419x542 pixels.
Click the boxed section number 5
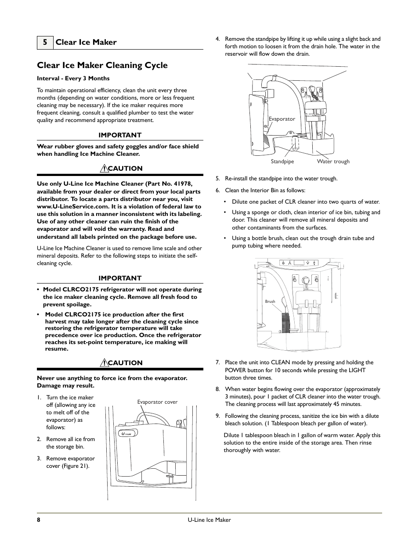(45, 42)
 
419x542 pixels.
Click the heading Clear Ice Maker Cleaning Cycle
(102, 65)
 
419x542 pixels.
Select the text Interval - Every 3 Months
(73, 79)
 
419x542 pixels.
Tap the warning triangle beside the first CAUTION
(104, 168)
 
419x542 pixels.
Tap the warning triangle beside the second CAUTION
(104, 363)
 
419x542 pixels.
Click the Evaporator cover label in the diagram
(157, 402)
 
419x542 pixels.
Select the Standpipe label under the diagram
(282, 162)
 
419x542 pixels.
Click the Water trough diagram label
(333, 162)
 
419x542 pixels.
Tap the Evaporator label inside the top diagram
(282, 119)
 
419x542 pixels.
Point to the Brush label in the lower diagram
(270, 302)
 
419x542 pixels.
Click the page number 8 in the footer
(39, 520)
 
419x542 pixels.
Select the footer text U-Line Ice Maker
(209, 520)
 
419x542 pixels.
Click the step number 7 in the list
(217, 363)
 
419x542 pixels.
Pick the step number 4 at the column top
(217, 39)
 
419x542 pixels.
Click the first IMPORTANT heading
(120, 135)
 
